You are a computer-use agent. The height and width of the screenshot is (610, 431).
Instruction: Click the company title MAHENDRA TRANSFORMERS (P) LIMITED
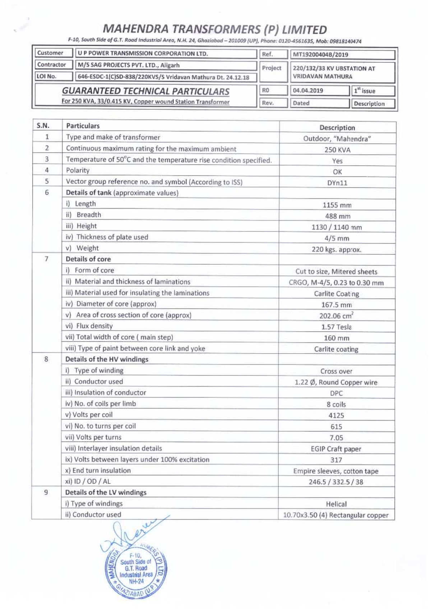tap(215, 29)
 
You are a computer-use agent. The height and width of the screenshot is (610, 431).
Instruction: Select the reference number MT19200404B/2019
tap(320, 55)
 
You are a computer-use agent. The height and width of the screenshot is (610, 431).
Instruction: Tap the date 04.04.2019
tap(308, 91)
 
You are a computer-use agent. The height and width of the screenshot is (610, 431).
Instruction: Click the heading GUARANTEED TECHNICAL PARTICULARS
tap(145, 91)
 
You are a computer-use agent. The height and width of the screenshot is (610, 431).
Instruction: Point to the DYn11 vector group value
tap(337, 183)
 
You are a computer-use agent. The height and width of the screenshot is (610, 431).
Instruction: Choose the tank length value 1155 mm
tap(337, 205)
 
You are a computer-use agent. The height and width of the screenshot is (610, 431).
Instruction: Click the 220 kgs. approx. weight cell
tap(337, 249)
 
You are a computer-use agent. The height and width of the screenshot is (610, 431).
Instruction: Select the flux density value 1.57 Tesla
tap(337, 327)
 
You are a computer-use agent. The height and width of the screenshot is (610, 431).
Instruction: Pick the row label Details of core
tap(88, 259)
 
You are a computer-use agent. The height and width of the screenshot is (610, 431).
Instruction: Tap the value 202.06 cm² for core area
tap(337, 316)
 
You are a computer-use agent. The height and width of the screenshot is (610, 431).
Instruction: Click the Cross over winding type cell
tap(336, 371)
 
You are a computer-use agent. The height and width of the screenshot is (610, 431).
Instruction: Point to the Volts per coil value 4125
tap(336, 415)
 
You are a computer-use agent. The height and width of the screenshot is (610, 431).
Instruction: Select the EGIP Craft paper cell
tap(336, 449)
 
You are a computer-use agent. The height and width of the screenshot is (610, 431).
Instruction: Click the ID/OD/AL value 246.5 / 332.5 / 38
tap(336, 482)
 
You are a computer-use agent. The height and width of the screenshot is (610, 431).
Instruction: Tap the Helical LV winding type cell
tap(336, 504)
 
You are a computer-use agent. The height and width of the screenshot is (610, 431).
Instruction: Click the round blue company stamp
tap(136, 571)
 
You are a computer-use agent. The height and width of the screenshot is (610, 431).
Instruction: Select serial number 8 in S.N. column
tap(46, 359)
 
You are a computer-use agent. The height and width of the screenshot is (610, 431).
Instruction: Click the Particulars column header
tap(83, 126)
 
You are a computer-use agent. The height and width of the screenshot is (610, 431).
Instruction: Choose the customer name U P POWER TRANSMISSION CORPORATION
tap(143, 54)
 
